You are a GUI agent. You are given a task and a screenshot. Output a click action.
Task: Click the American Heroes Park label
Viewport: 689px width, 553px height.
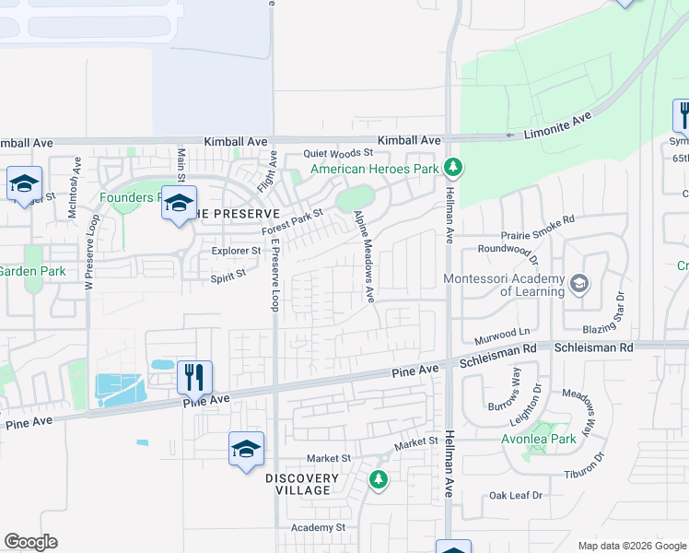coord(374,169)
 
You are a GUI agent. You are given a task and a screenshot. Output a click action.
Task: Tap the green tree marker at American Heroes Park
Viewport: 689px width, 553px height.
coord(452,168)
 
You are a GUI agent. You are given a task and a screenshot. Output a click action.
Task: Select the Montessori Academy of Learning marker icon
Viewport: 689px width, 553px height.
coord(578,283)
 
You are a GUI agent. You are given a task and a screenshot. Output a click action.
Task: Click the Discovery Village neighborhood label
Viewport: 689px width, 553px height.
coord(303,484)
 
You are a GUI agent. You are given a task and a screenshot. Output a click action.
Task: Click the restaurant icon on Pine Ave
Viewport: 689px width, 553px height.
coord(194,376)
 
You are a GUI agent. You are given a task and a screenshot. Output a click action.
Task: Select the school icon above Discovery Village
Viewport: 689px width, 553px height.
coord(246,448)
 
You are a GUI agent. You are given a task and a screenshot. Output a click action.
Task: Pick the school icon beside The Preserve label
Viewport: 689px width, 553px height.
coord(179,203)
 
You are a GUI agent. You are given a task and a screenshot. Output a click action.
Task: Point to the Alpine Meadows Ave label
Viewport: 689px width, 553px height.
coord(364,256)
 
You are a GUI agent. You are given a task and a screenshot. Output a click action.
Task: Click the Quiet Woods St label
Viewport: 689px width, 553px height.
coord(339,153)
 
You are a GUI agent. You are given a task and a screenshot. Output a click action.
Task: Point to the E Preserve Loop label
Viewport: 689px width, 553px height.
coord(274,266)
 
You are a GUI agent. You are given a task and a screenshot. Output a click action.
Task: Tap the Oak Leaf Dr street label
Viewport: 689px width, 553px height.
coord(516,495)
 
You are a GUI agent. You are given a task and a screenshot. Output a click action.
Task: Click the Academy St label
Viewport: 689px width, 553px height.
coord(318,527)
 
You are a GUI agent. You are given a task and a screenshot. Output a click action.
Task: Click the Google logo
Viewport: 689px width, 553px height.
coord(30,542)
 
